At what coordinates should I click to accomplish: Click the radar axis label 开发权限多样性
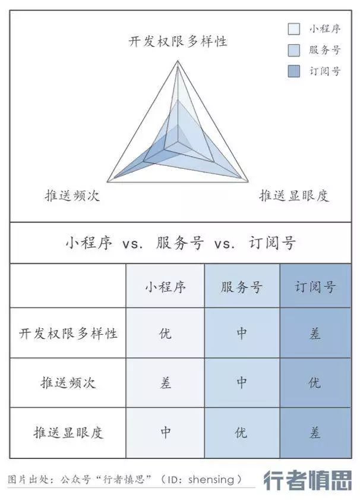(178, 42)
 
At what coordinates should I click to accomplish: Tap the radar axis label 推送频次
(72, 196)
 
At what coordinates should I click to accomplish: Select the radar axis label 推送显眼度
(293, 196)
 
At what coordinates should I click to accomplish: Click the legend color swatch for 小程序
(293, 29)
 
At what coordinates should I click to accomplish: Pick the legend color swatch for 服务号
(293, 49)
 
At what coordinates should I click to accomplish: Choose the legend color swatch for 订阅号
(293, 71)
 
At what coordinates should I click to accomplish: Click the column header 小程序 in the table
(165, 287)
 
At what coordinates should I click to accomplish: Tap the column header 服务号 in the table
(241, 287)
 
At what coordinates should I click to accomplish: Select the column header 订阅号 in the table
(315, 287)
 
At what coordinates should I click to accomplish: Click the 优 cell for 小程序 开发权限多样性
(165, 333)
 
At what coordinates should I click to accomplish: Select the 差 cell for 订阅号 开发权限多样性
(315, 333)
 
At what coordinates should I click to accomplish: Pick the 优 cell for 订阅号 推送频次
(315, 383)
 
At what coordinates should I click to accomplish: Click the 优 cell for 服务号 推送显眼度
(241, 432)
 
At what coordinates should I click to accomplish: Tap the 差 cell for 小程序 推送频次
(165, 383)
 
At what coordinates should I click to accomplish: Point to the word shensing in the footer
(212, 479)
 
